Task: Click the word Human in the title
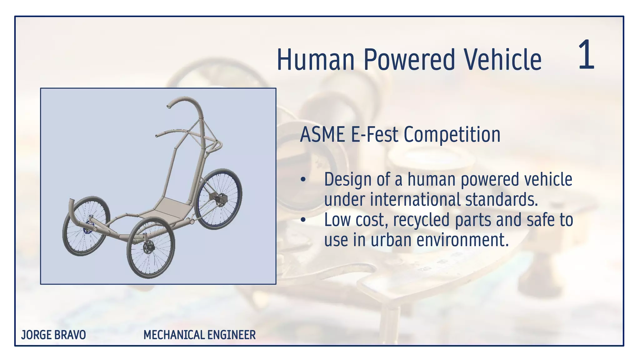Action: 316,60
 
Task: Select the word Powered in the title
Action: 409,60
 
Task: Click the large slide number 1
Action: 586,55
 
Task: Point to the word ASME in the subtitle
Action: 322,135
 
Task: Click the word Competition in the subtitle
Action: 452,135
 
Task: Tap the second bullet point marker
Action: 303,220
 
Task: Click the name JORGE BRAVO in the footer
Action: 53,335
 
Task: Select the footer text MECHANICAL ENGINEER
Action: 199,335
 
